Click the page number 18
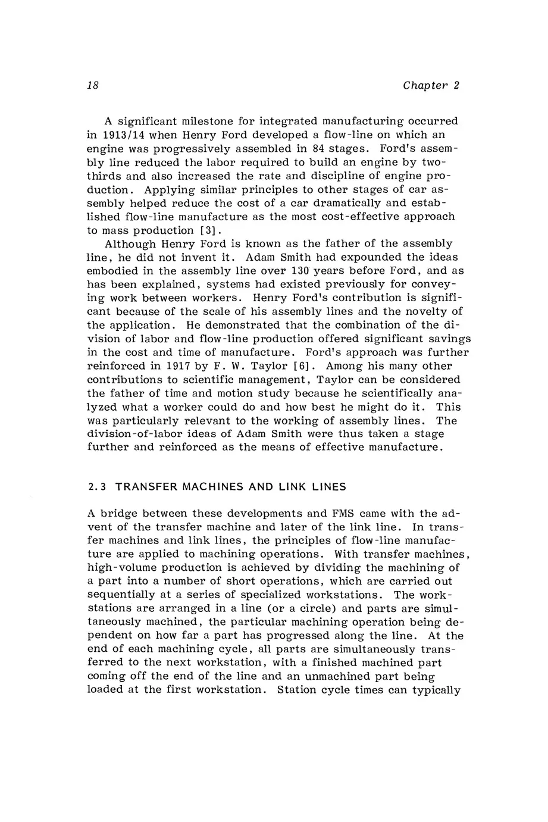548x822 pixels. (92, 85)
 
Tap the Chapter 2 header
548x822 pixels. (431, 85)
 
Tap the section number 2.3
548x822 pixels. (97, 487)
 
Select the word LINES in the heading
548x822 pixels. (326, 487)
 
